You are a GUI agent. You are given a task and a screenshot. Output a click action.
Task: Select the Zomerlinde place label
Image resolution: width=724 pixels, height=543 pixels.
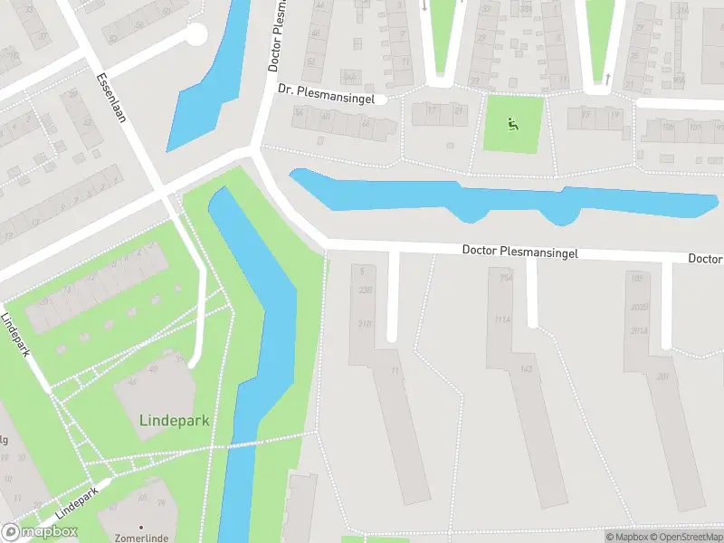point(141,538)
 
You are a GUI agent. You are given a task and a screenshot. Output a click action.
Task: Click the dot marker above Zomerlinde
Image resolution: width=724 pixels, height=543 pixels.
point(141,526)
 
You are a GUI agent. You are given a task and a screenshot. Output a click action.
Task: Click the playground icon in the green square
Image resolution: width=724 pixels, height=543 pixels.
point(513,124)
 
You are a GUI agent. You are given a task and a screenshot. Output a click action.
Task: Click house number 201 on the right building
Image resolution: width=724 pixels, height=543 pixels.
point(662,376)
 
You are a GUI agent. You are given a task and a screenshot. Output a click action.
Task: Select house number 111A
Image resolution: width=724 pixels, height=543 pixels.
point(504,319)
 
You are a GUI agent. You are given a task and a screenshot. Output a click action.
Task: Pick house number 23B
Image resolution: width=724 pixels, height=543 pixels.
point(365,291)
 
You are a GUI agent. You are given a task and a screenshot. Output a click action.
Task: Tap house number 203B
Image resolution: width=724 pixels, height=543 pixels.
point(640,307)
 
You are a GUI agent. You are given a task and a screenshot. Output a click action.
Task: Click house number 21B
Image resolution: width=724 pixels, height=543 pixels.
point(365,324)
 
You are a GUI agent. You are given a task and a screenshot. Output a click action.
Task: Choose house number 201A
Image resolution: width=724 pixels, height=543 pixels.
point(641,330)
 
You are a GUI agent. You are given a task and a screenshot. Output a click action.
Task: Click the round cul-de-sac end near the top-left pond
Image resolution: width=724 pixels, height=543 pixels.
point(195,34)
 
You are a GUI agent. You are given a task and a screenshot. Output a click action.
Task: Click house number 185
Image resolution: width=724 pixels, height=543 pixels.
point(636,279)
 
